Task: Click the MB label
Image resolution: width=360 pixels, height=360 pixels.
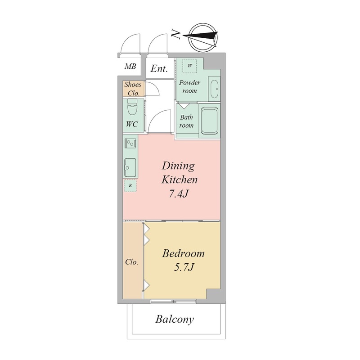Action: (x=130, y=66)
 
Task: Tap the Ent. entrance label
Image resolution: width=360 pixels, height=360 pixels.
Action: (x=159, y=68)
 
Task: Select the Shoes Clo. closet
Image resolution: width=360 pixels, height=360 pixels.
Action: (x=133, y=89)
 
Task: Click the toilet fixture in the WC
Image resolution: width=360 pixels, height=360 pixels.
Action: (x=132, y=108)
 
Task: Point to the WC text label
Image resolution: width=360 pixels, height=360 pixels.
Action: (x=132, y=124)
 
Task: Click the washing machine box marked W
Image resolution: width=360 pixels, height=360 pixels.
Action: (x=189, y=66)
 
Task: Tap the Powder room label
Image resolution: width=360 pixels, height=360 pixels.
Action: (x=189, y=86)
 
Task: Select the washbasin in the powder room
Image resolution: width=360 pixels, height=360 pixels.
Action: (x=214, y=89)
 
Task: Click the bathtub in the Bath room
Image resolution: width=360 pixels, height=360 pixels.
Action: (x=209, y=121)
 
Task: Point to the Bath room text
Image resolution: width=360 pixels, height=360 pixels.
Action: (x=186, y=121)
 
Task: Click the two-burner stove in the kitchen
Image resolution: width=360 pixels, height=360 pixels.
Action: (x=130, y=144)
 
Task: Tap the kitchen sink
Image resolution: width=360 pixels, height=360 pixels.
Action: (x=130, y=167)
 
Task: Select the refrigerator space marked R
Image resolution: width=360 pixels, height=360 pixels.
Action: (x=130, y=185)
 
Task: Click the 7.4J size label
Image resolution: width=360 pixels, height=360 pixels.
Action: (x=179, y=194)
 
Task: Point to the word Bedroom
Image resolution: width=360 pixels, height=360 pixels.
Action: (x=183, y=254)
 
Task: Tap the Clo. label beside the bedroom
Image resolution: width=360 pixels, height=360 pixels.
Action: (x=132, y=262)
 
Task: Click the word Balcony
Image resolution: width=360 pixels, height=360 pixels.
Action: (x=175, y=319)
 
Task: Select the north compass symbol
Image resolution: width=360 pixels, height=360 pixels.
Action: (x=202, y=37)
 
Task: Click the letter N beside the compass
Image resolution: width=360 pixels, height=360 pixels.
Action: (x=176, y=35)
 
